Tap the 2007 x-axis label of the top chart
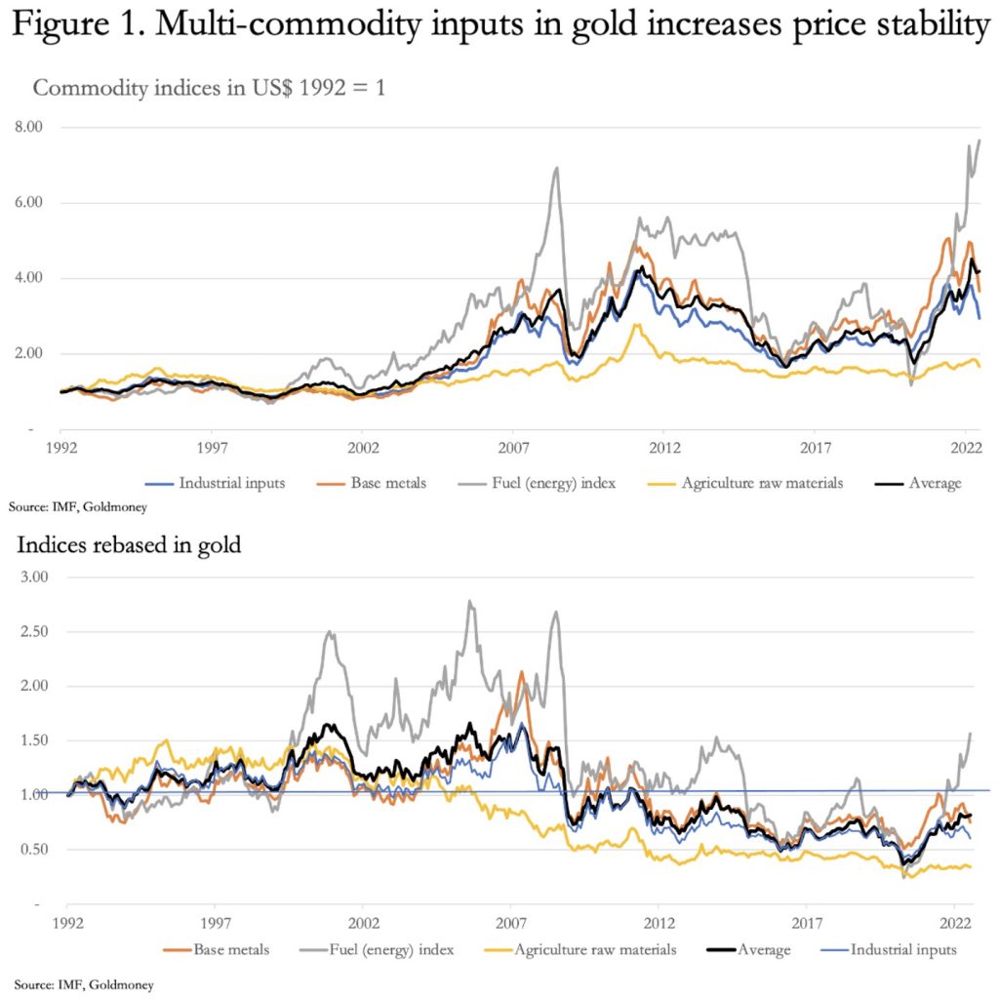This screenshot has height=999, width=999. (x=513, y=448)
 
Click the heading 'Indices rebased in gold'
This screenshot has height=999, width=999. (x=129, y=544)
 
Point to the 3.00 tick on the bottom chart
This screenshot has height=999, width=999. (x=35, y=578)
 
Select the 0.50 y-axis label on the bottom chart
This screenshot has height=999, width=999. (x=35, y=850)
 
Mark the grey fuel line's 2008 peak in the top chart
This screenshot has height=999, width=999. (x=556, y=168)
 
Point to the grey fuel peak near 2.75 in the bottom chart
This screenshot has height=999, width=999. (x=471, y=601)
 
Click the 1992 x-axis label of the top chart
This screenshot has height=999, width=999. (x=60, y=448)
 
